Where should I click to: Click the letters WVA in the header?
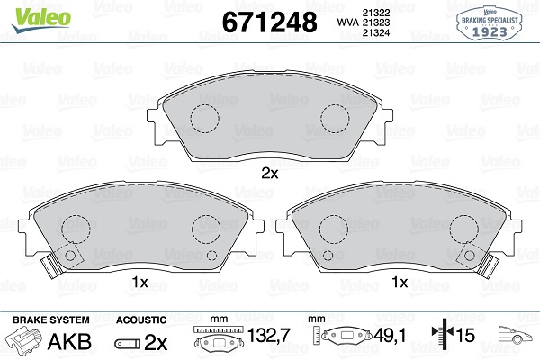click(345, 22)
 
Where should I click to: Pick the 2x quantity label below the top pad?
click(269, 174)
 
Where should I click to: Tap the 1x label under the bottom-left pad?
click(139, 282)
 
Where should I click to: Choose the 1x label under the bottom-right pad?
click(400, 282)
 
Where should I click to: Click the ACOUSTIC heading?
click(141, 320)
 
